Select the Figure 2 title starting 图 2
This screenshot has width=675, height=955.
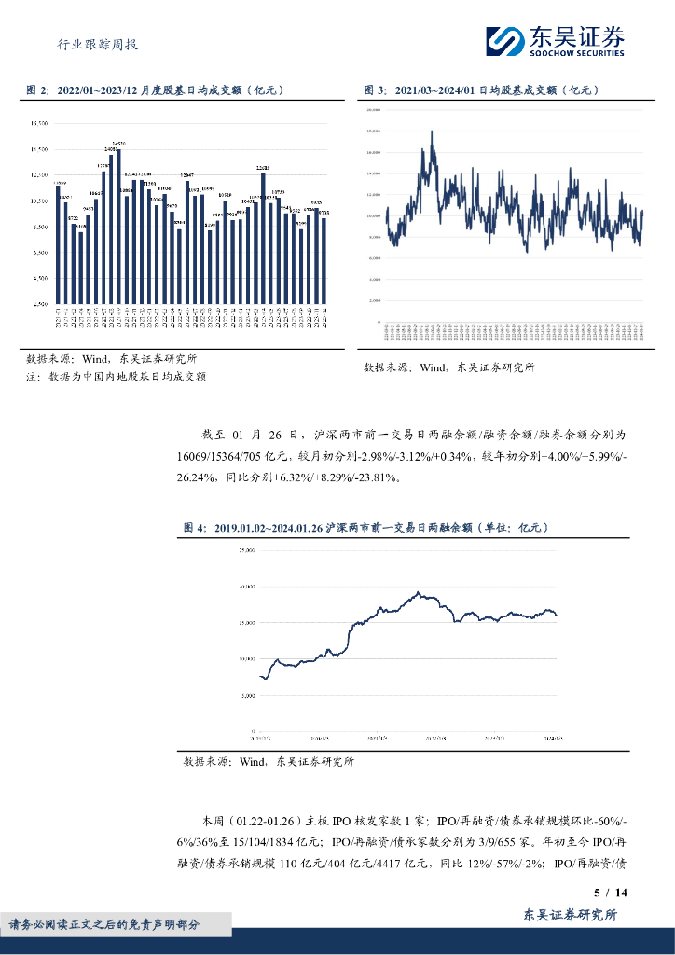[155, 90]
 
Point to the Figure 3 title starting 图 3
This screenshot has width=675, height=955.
[479, 90]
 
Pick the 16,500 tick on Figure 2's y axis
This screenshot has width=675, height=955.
[38, 123]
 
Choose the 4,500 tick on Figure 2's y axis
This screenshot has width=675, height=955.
[38, 278]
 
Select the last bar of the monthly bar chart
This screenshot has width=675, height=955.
[324, 260]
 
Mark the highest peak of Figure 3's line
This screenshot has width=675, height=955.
[432, 132]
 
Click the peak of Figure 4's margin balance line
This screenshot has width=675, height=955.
[419, 591]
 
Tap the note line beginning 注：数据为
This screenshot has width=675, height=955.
[116, 377]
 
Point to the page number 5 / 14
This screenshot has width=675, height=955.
[611, 893]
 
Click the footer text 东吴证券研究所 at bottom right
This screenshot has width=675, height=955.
[572, 917]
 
